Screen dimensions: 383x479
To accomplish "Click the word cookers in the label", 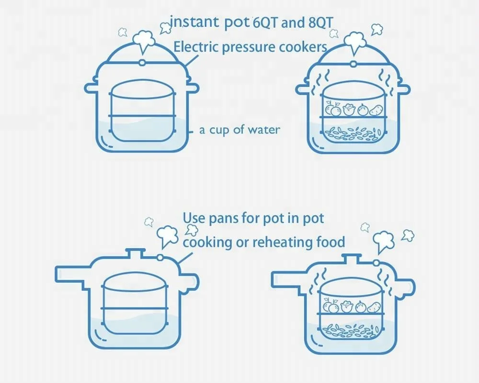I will coord(305,47).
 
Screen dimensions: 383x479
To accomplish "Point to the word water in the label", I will coord(263,130).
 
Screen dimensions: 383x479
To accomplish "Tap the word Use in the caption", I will coord(194,219).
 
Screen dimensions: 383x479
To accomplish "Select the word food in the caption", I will coord(330,242).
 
